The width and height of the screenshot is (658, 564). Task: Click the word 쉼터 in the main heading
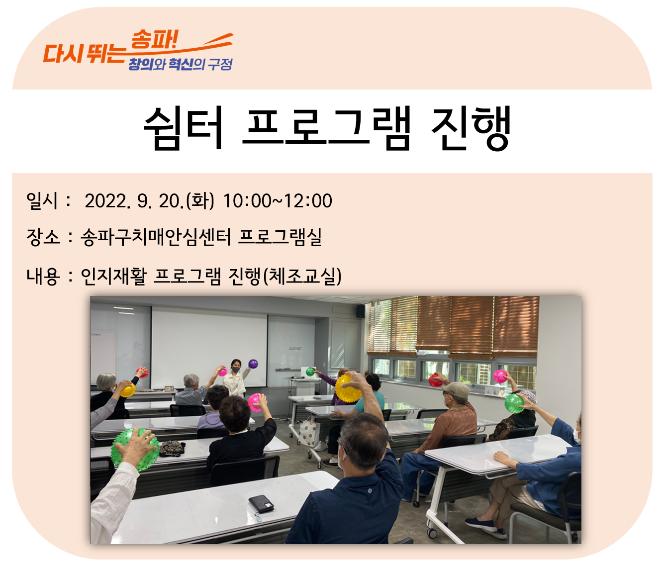183,128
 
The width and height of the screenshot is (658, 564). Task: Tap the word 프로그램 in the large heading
327,128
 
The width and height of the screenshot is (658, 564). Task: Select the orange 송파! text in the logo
154,39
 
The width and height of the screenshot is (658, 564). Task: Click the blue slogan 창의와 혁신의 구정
180,64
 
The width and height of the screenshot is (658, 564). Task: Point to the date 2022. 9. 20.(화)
149,201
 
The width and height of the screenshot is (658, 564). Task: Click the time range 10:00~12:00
277,201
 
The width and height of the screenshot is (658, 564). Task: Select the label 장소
43,237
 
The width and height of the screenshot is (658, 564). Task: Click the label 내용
43,276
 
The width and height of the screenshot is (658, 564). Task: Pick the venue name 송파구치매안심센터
156,237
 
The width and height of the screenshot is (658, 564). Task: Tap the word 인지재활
114,276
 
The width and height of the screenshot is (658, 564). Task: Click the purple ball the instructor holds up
253,364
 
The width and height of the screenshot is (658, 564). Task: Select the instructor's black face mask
236,369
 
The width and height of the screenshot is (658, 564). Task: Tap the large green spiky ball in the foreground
135,449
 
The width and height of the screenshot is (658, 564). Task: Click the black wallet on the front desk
261,503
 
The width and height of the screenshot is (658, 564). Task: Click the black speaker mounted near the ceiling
360,311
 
